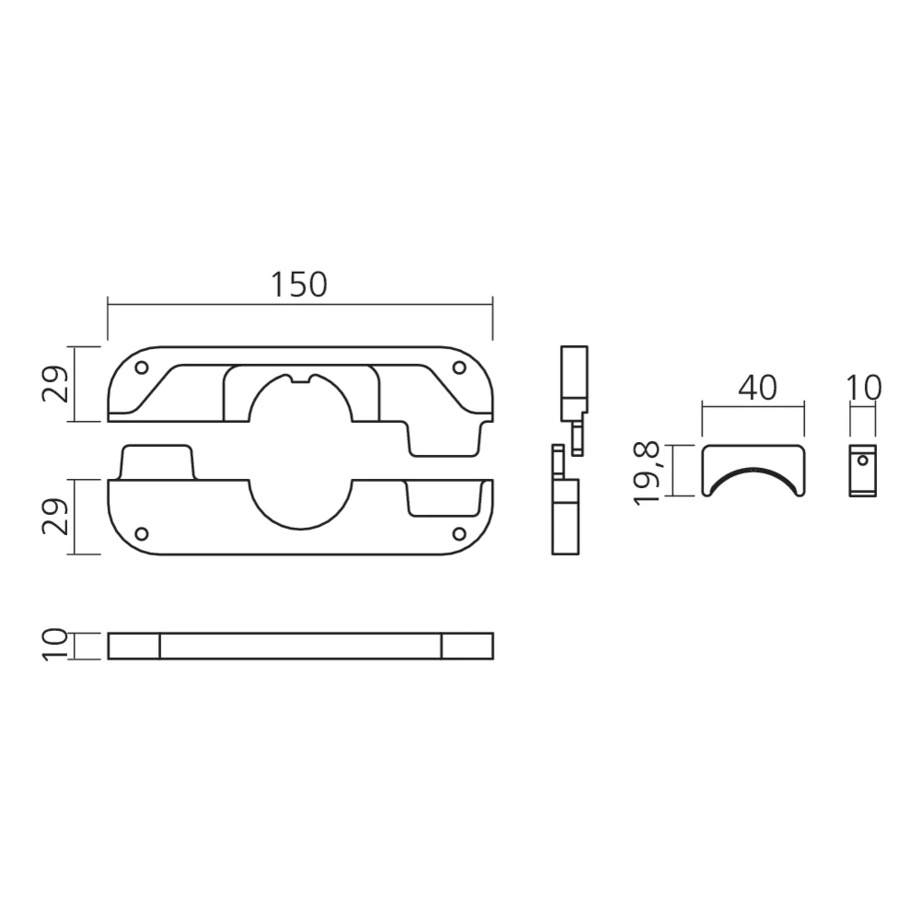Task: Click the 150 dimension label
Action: pyautogui.click(x=299, y=285)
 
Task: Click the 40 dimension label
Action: pyautogui.click(x=758, y=389)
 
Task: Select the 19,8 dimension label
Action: pyautogui.click(x=647, y=474)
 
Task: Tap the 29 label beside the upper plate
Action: pyautogui.click(x=56, y=384)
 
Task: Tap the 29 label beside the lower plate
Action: pyautogui.click(x=56, y=517)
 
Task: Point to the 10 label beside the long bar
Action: pyautogui.click(x=56, y=645)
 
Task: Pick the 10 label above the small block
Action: pyautogui.click(x=864, y=389)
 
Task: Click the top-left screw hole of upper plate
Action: pyautogui.click(x=142, y=367)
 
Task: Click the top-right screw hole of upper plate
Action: pyautogui.click(x=460, y=367)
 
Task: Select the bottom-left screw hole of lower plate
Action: pyautogui.click(x=142, y=533)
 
